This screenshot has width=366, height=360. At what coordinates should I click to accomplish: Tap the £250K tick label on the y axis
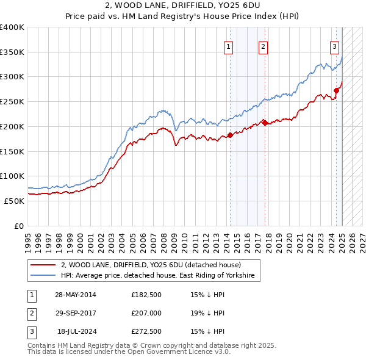pyautogui.click(x=12, y=101)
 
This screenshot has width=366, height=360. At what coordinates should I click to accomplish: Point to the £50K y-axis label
pyautogui.click(x=15, y=201)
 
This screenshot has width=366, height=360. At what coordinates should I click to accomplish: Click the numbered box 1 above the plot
pyautogui.click(x=228, y=46)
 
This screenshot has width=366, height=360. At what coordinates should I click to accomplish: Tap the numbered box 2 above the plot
pyautogui.click(x=263, y=46)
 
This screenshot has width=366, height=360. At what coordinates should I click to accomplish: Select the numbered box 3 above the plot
pyautogui.click(x=334, y=46)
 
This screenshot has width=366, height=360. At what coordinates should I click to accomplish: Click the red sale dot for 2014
pyautogui.click(x=230, y=135)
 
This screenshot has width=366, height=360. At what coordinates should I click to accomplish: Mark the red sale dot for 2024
pyautogui.click(x=336, y=90)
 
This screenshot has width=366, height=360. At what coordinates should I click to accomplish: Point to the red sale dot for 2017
pyautogui.click(x=265, y=123)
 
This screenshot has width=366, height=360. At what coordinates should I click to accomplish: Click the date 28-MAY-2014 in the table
pyautogui.click(x=76, y=295)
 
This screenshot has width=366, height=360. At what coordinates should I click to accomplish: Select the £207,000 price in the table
pyautogui.click(x=146, y=314)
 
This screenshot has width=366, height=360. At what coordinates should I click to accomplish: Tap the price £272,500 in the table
pyautogui.click(x=146, y=332)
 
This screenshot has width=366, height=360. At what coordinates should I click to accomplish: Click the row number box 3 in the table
pyautogui.click(x=30, y=332)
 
